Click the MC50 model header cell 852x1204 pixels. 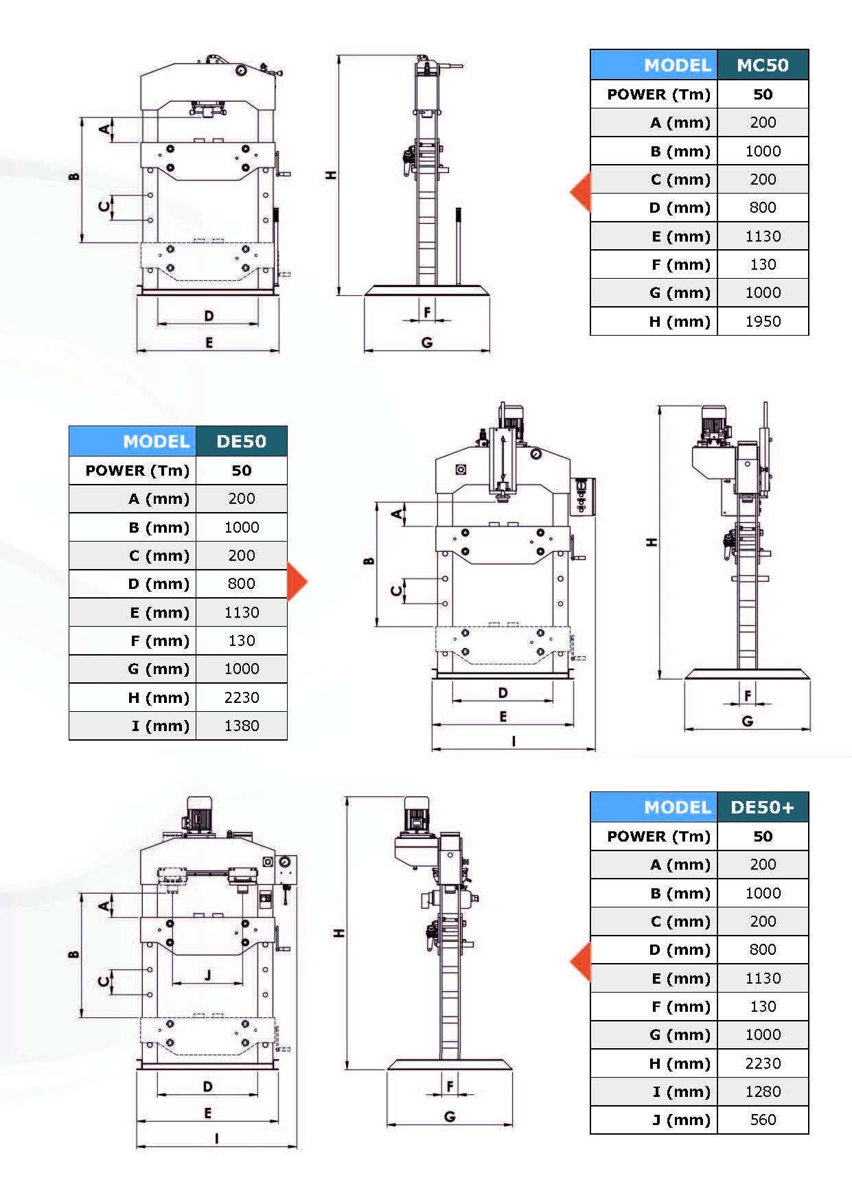pos(762,65)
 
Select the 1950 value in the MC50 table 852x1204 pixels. pos(762,321)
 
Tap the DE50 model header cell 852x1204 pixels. pos(241,441)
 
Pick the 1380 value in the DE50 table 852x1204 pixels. pos(241,726)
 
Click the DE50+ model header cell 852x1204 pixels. pos(762,807)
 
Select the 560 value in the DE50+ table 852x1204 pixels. pos(762,1120)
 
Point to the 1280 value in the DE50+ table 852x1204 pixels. pos(762,1091)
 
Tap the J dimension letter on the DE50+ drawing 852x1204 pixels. pos(208,975)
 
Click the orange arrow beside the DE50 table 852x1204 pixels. pos(297,582)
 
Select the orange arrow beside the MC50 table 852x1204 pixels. pos(581,192)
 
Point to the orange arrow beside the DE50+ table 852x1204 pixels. pos(581,962)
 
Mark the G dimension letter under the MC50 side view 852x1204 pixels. pos(426,343)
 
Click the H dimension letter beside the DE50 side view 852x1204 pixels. pos(652,542)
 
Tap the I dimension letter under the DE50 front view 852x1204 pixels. pos(514,741)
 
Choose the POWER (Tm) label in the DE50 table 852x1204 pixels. pos(137,471)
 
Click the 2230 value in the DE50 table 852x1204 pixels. pos(241,697)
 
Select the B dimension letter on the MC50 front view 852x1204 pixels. pos(74,176)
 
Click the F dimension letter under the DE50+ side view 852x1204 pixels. pos(450,1086)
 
